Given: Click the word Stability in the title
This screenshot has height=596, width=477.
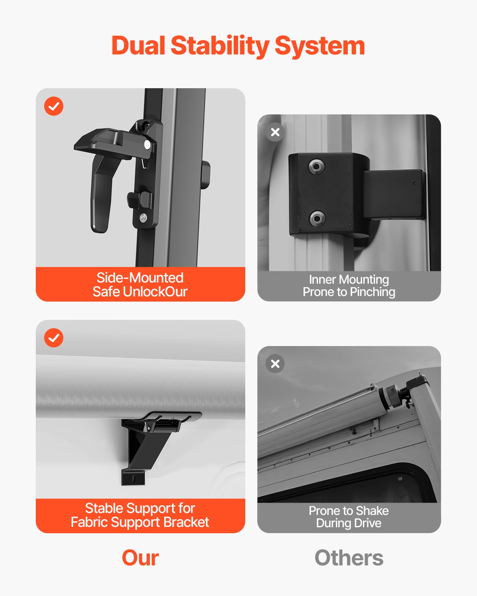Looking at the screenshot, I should [x=220, y=46].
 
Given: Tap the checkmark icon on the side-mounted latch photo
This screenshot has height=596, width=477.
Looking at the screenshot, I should [x=54, y=106].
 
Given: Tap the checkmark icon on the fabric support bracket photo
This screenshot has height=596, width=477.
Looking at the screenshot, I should [x=54, y=338].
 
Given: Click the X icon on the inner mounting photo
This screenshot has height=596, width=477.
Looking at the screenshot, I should [x=275, y=132].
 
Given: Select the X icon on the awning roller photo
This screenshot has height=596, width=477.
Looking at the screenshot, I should [x=275, y=364].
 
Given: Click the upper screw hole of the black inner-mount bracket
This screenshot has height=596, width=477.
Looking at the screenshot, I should [x=316, y=166].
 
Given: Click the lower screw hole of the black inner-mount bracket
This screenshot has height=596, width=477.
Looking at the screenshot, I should [x=317, y=218].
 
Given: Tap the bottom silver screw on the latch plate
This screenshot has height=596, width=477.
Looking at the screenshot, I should [x=143, y=217].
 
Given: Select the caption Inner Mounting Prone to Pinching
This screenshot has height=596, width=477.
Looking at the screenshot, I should [x=349, y=286].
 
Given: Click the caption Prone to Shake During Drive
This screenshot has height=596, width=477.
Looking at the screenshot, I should [x=349, y=517].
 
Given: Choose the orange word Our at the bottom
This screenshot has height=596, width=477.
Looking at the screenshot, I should [x=140, y=558].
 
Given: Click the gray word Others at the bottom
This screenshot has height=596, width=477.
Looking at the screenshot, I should [x=349, y=558].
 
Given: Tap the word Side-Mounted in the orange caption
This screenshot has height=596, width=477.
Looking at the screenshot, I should [x=140, y=278].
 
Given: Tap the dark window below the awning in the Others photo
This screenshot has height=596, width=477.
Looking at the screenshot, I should [x=358, y=487].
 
